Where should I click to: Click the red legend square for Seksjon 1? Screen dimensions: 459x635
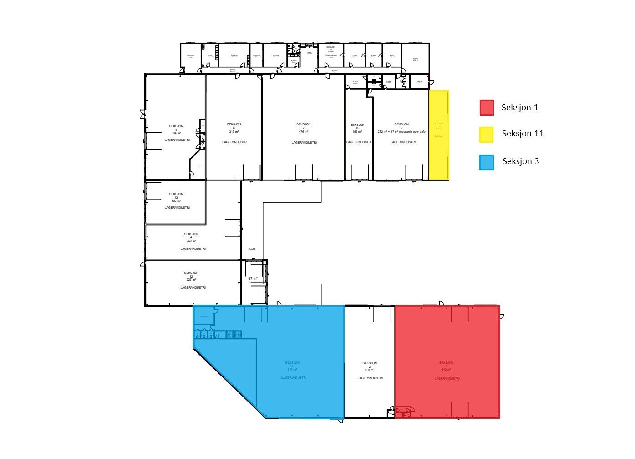(487, 108)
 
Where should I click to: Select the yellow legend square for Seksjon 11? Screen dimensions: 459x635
(487, 134)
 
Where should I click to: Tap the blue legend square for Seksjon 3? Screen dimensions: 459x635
(487, 162)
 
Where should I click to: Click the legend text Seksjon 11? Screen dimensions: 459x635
(523, 134)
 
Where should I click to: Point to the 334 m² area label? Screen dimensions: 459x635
(176, 133)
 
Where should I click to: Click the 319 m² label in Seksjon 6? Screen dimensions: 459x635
(234, 132)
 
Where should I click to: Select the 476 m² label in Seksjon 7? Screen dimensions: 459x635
(304, 132)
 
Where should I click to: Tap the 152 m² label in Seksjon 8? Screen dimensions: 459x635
(357, 132)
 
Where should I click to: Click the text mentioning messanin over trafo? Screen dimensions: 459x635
(402, 132)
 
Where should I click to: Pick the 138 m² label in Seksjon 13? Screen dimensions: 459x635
(176, 201)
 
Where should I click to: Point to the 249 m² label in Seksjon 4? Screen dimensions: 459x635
(192, 241)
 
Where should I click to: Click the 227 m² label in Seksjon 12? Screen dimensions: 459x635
(192, 280)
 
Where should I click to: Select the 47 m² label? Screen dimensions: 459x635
(253, 278)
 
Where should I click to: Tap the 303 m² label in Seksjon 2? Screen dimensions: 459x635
(370, 371)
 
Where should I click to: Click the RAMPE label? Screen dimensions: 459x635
(252, 249)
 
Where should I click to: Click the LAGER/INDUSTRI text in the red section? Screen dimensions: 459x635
(447, 379)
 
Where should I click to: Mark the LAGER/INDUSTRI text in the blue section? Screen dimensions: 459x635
(294, 378)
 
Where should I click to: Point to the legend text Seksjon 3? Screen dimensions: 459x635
(521, 161)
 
